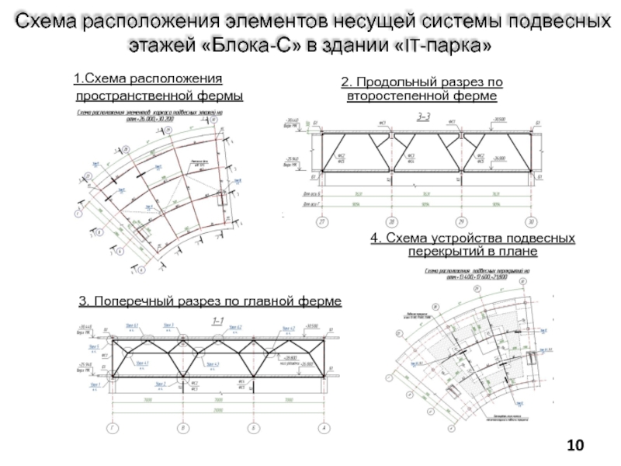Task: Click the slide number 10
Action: pyautogui.click(x=575, y=446)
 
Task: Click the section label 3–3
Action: pyautogui.click(x=425, y=116)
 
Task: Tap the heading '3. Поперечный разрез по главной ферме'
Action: pyautogui.click(x=210, y=301)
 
